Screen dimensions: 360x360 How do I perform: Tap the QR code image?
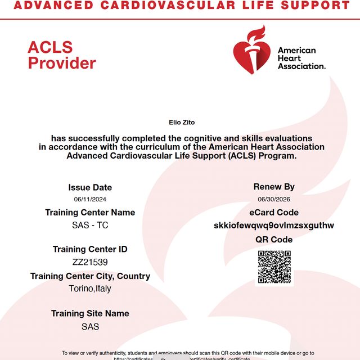[x=274, y=267]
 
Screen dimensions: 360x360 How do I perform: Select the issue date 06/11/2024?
[x=90, y=200]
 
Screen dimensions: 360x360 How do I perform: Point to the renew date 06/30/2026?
[x=274, y=199]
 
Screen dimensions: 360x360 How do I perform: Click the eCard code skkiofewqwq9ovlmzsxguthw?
[x=274, y=226]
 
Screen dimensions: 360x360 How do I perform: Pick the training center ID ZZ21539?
[x=90, y=262]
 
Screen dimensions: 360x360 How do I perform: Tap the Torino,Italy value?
[x=90, y=289]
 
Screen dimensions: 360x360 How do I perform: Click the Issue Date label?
[x=90, y=187]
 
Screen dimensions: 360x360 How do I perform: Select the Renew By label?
[x=274, y=187]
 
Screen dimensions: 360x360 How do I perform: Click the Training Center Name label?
[x=90, y=213]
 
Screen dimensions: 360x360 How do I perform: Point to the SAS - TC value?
[x=90, y=226]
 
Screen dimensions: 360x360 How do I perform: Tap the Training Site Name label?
[x=90, y=313]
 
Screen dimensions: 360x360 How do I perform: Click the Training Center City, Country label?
[x=90, y=276]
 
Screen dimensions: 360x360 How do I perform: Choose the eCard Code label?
[x=274, y=213]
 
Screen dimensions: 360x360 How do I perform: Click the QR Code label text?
[x=274, y=240]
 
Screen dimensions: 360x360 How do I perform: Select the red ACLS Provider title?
[x=62, y=55]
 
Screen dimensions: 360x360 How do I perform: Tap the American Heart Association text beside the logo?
[x=301, y=58]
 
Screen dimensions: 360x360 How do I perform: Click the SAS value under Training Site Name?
[x=90, y=326]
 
